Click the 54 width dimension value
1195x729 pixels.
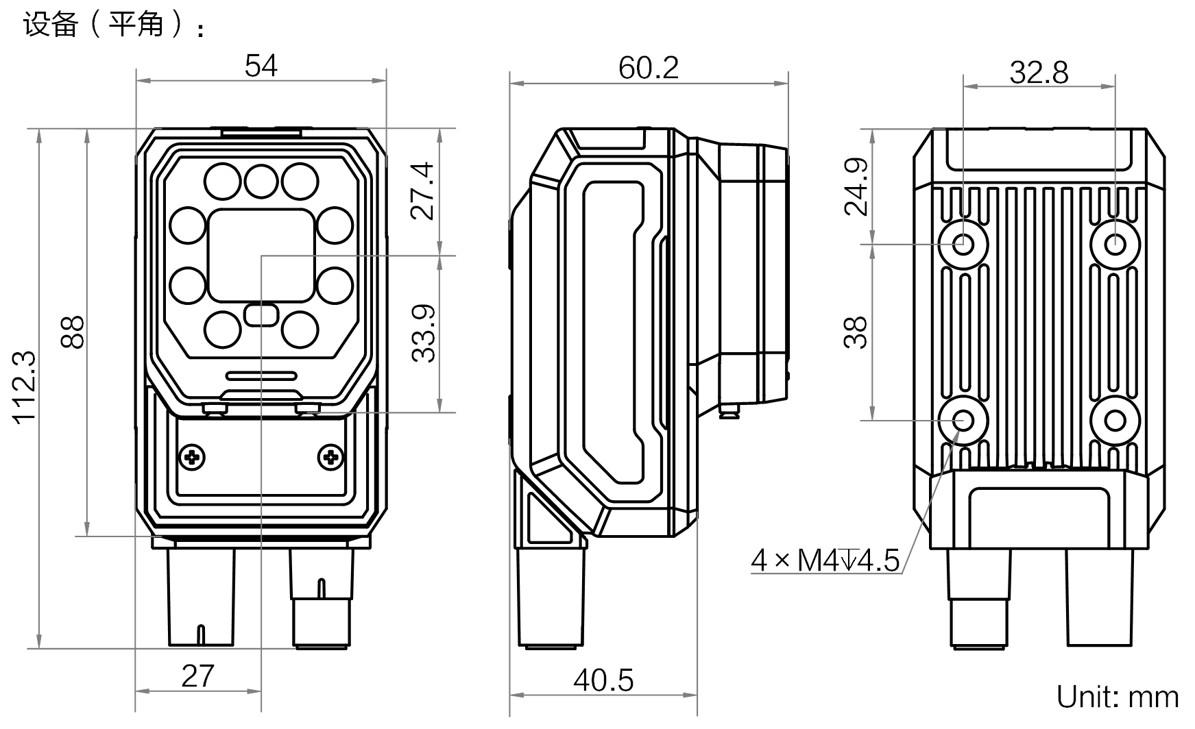261,66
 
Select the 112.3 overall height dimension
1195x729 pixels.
24,388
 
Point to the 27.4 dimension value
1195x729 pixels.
423,190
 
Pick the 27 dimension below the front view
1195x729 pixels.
198,676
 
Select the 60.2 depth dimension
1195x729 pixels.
648,68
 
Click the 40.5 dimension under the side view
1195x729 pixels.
603,680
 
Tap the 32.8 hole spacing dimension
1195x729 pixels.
1039,72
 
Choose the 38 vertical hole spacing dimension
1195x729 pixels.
856,333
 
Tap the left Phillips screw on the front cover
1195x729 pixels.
193,456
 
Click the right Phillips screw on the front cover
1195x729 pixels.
331,456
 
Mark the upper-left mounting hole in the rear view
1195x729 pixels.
964,243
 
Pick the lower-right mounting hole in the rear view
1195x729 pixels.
1115,420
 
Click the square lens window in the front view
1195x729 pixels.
261,255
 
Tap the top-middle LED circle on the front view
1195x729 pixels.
261,182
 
